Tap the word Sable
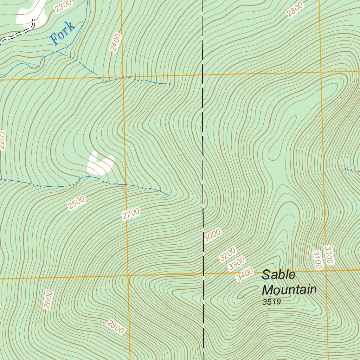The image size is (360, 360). (x=278, y=275)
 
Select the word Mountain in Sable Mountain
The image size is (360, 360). (x=289, y=290)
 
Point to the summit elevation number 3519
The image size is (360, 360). (x=271, y=302)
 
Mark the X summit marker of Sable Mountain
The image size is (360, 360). (x=243, y=297)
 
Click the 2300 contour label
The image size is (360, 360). (x=64, y=6)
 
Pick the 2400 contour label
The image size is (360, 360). (x=115, y=43)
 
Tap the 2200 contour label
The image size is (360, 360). (x=2, y=141)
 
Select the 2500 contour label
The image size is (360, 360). (x=77, y=203)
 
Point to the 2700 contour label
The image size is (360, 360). (x=131, y=214)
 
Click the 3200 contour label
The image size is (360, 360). (x=227, y=255)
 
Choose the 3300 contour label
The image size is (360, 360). (x=236, y=264)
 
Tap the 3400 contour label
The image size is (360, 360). (x=245, y=274)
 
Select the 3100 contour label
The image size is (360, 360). (x=317, y=260)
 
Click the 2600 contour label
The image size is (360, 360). (x=48, y=300)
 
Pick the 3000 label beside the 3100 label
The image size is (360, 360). (x=328, y=255)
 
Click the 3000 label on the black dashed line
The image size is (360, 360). (x=213, y=236)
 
